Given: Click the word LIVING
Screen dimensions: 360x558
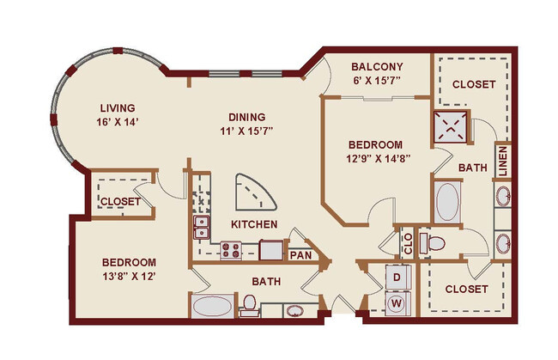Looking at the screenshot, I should (x=118, y=108).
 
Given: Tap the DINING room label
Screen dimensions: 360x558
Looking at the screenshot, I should (x=246, y=118).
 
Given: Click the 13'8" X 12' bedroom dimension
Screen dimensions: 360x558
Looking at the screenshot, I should (x=129, y=277).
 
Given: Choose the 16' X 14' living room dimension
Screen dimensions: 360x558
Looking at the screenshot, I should (x=118, y=122).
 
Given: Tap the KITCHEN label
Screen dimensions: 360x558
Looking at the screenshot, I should (x=253, y=224).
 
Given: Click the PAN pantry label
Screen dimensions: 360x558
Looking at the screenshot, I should (x=300, y=254).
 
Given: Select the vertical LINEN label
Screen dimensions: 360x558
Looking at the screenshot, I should (x=502, y=161).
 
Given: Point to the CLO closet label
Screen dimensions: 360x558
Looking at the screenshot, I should (x=408, y=242).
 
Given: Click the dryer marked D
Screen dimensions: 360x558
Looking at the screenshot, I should (x=397, y=278).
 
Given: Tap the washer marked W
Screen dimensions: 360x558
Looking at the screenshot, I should (x=397, y=302).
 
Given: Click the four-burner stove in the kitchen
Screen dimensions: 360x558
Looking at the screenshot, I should (x=231, y=250).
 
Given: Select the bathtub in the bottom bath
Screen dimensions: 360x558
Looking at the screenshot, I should (x=211, y=306).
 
